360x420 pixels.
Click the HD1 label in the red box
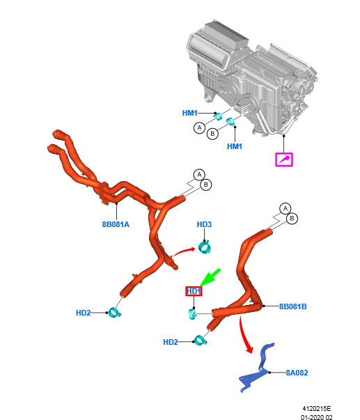(x=194, y=291)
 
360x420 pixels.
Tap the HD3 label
(x=204, y=224)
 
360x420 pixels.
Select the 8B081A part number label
(x=116, y=224)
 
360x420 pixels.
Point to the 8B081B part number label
(x=292, y=306)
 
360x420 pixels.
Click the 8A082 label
(x=297, y=373)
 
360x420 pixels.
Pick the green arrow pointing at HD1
(x=210, y=277)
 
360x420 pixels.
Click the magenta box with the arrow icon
(x=284, y=160)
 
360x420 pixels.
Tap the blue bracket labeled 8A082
(x=257, y=368)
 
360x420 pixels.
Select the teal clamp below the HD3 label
(x=205, y=247)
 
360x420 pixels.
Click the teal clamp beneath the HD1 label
(x=192, y=314)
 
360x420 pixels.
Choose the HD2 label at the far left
(x=84, y=313)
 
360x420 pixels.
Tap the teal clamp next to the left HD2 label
(x=115, y=313)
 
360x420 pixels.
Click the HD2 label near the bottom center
(x=171, y=342)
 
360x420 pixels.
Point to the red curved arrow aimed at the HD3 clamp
(x=184, y=251)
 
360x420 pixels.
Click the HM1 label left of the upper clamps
(x=189, y=113)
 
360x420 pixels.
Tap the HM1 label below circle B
(x=235, y=146)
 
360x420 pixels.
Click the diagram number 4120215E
(x=317, y=409)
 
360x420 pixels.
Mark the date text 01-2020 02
(x=317, y=417)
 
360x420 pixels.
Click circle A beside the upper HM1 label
(x=199, y=127)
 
